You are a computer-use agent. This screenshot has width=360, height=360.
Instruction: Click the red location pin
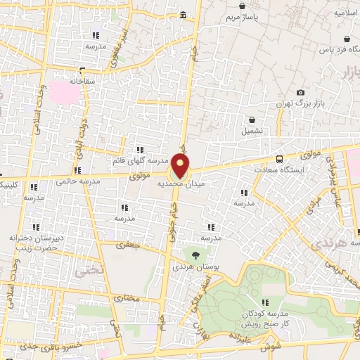[x=181, y=166]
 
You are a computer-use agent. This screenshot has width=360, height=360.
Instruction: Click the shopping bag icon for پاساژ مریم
[x=243, y=6]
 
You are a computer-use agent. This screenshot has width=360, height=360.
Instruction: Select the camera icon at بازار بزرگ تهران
[x=301, y=93]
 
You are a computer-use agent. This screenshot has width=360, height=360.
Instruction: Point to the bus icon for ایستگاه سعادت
[x=279, y=159]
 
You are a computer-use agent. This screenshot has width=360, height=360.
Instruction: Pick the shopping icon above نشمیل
[x=250, y=120]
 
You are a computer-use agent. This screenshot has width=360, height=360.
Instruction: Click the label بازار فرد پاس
[x=335, y=50]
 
